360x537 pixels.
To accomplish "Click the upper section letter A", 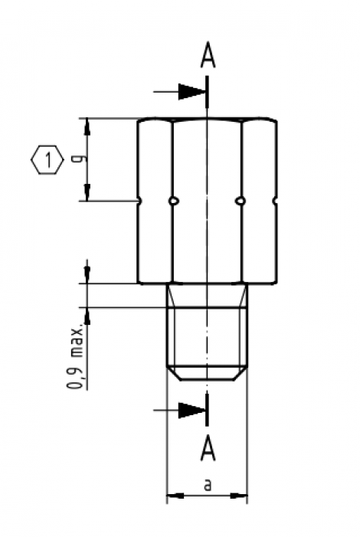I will click(207, 56).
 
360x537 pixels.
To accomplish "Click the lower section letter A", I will click(207, 448).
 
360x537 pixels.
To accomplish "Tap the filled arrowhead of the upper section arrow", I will click(193, 91).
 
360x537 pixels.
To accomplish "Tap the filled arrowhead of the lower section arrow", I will click(193, 410).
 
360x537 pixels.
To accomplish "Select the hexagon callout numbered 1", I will click(47, 161).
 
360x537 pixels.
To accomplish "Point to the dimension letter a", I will click(207, 485).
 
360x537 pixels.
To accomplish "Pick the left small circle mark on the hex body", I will click(175, 201).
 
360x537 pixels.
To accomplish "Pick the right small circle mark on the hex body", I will click(241, 201).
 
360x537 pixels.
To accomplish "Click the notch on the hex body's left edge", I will click(140, 201).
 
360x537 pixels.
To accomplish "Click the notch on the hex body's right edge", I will click(274, 201).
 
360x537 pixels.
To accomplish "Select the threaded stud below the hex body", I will click(207, 337).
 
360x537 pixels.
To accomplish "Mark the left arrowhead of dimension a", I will click(172, 496).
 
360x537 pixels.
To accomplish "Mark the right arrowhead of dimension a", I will click(241, 496).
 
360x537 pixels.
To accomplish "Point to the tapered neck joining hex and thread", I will click(207, 293).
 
